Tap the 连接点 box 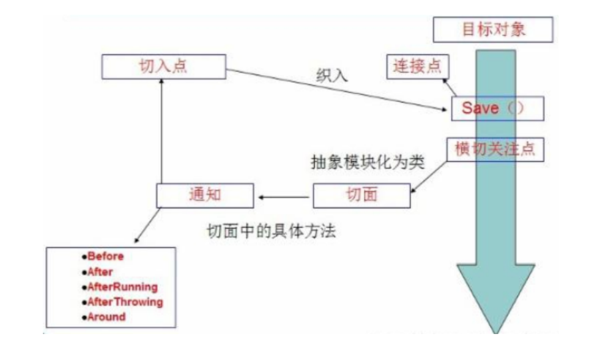coord(418,66)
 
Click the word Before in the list coord(105,256)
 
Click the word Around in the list coord(106,317)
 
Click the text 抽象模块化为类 coord(367,163)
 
